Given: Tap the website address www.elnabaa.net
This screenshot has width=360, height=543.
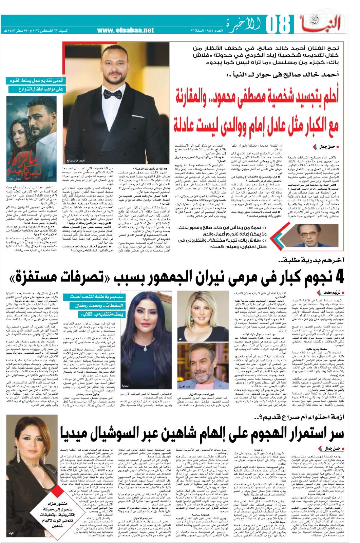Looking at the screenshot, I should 126,31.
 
